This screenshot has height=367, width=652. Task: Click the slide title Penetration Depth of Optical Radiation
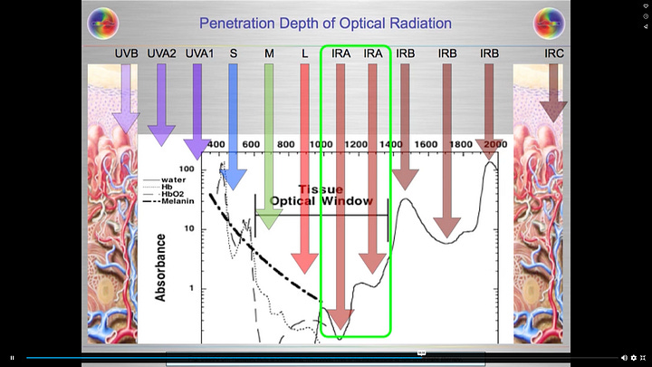(x=325, y=23)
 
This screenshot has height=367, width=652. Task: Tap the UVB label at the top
(x=126, y=54)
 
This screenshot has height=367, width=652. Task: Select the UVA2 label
(x=161, y=54)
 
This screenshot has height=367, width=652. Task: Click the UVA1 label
(x=198, y=54)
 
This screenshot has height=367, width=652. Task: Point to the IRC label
(x=554, y=54)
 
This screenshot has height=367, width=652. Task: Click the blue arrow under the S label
(x=233, y=127)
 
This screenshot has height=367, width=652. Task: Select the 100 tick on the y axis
(x=187, y=169)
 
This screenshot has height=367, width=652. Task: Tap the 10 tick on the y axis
(x=190, y=228)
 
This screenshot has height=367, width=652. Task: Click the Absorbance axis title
(x=160, y=267)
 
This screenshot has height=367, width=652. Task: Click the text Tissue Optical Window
(x=321, y=195)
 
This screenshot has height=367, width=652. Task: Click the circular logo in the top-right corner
(x=549, y=22)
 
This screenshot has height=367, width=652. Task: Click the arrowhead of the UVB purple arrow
(x=126, y=123)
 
